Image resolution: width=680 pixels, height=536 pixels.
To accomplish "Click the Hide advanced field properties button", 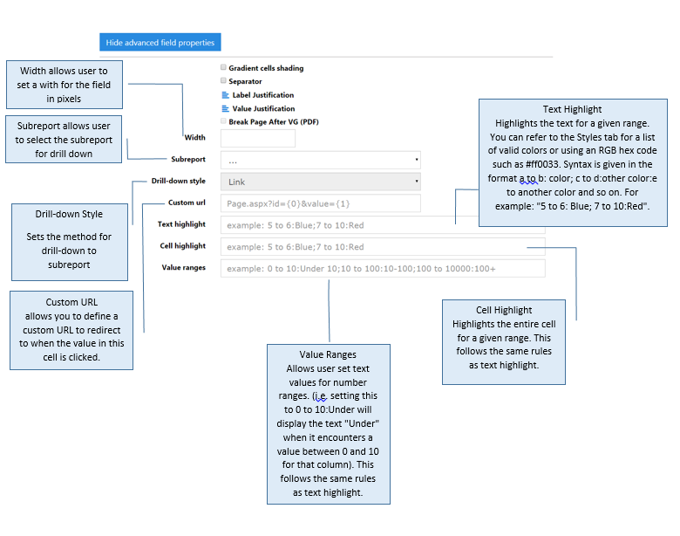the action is click(x=160, y=42).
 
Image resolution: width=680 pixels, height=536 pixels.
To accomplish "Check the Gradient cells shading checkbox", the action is click(x=223, y=67).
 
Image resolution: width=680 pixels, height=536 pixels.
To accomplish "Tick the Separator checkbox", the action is click(x=223, y=80).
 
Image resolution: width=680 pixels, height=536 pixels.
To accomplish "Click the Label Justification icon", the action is click(x=225, y=94).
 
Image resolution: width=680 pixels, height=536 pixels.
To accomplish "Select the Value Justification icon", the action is click(x=225, y=108).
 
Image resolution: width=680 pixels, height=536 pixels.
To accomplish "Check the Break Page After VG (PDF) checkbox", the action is click(x=223, y=121).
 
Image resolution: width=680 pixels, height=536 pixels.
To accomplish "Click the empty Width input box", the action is click(x=258, y=138).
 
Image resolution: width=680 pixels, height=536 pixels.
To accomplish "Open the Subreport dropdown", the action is click(x=321, y=160).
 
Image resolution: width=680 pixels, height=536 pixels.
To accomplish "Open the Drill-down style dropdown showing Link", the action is click(x=321, y=182).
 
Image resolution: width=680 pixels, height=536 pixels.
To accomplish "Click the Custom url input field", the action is click(x=321, y=203).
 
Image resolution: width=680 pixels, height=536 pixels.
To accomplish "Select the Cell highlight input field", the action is click(x=383, y=247).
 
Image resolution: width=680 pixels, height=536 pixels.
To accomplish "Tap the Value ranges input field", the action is click(x=383, y=268).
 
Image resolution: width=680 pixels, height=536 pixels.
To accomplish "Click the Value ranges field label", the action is click(x=183, y=268).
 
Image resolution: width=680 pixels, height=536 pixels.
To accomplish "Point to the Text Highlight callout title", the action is click(x=572, y=109).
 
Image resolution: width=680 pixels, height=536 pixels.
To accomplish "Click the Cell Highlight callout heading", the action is click(x=504, y=310).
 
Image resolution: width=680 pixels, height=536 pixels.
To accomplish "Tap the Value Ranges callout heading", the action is click(x=328, y=354).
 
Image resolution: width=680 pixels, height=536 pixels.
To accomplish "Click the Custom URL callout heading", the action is click(x=71, y=302).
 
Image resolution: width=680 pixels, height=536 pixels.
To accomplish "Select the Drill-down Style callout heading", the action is click(x=69, y=214).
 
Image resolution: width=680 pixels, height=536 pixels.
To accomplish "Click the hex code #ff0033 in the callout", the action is click(x=542, y=164).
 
